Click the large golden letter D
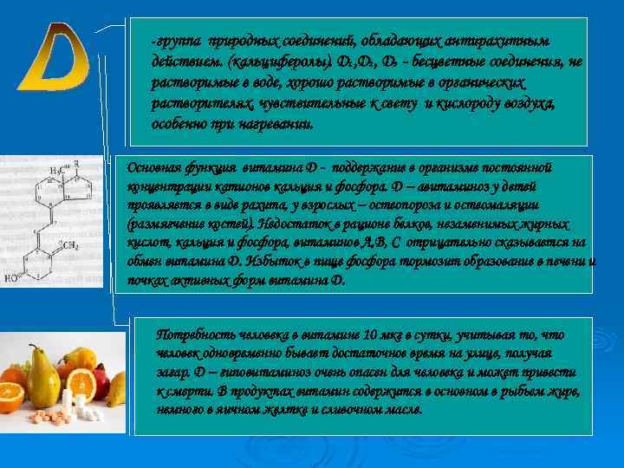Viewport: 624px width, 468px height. [x=53, y=59]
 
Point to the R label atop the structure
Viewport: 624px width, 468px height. [x=77, y=162]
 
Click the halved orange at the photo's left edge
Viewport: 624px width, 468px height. [x=10, y=395]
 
